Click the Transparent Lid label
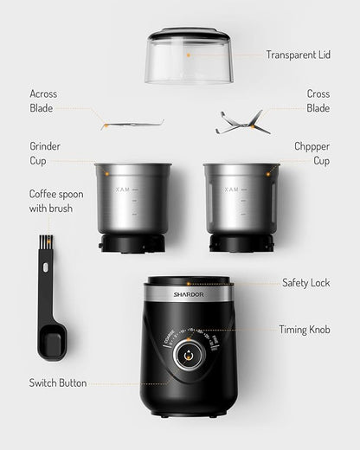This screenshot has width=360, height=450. pyautogui.click(x=299, y=55)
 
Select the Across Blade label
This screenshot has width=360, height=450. pyautogui.click(x=42, y=100)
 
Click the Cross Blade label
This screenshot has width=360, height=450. pyautogui.click(x=318, y=100)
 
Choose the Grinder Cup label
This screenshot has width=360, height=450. pyautogui.click(x=45, y=154)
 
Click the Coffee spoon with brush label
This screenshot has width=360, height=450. pyautogui.click(x=56, y=201)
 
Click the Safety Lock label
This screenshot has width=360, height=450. pyautogui.click(x=305, y=283)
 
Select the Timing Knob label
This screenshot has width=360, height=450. pyautogui.click(x=304, y=330)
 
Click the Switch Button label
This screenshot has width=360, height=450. pyautogui.click(x=58, y=383)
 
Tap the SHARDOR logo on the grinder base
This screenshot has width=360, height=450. pyautogui.click(x=188, y=295)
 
